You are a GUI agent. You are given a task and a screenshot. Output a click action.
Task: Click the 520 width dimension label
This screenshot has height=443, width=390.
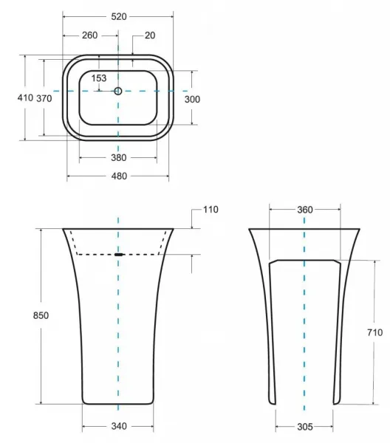coord(119,17)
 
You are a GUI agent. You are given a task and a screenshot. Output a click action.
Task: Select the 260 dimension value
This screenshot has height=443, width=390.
coord(89,35)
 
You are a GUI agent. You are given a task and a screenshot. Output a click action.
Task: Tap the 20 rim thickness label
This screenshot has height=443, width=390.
coord(150,35)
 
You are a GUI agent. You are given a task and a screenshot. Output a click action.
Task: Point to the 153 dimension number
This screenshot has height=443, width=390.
coord(99,78)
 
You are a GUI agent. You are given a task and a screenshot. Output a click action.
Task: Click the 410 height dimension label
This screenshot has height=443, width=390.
coord(25,97)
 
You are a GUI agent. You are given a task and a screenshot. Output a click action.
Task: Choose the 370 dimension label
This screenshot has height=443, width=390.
coord(44,98)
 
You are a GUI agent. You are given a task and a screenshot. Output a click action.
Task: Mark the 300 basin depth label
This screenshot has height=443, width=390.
coord(192,99)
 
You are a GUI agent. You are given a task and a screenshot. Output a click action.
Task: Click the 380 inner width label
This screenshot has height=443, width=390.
coord(119,158)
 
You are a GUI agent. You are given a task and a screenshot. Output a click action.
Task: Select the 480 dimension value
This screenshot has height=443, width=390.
coord(119,176)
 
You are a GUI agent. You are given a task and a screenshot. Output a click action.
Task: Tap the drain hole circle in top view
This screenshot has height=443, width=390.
coord(118,91)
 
